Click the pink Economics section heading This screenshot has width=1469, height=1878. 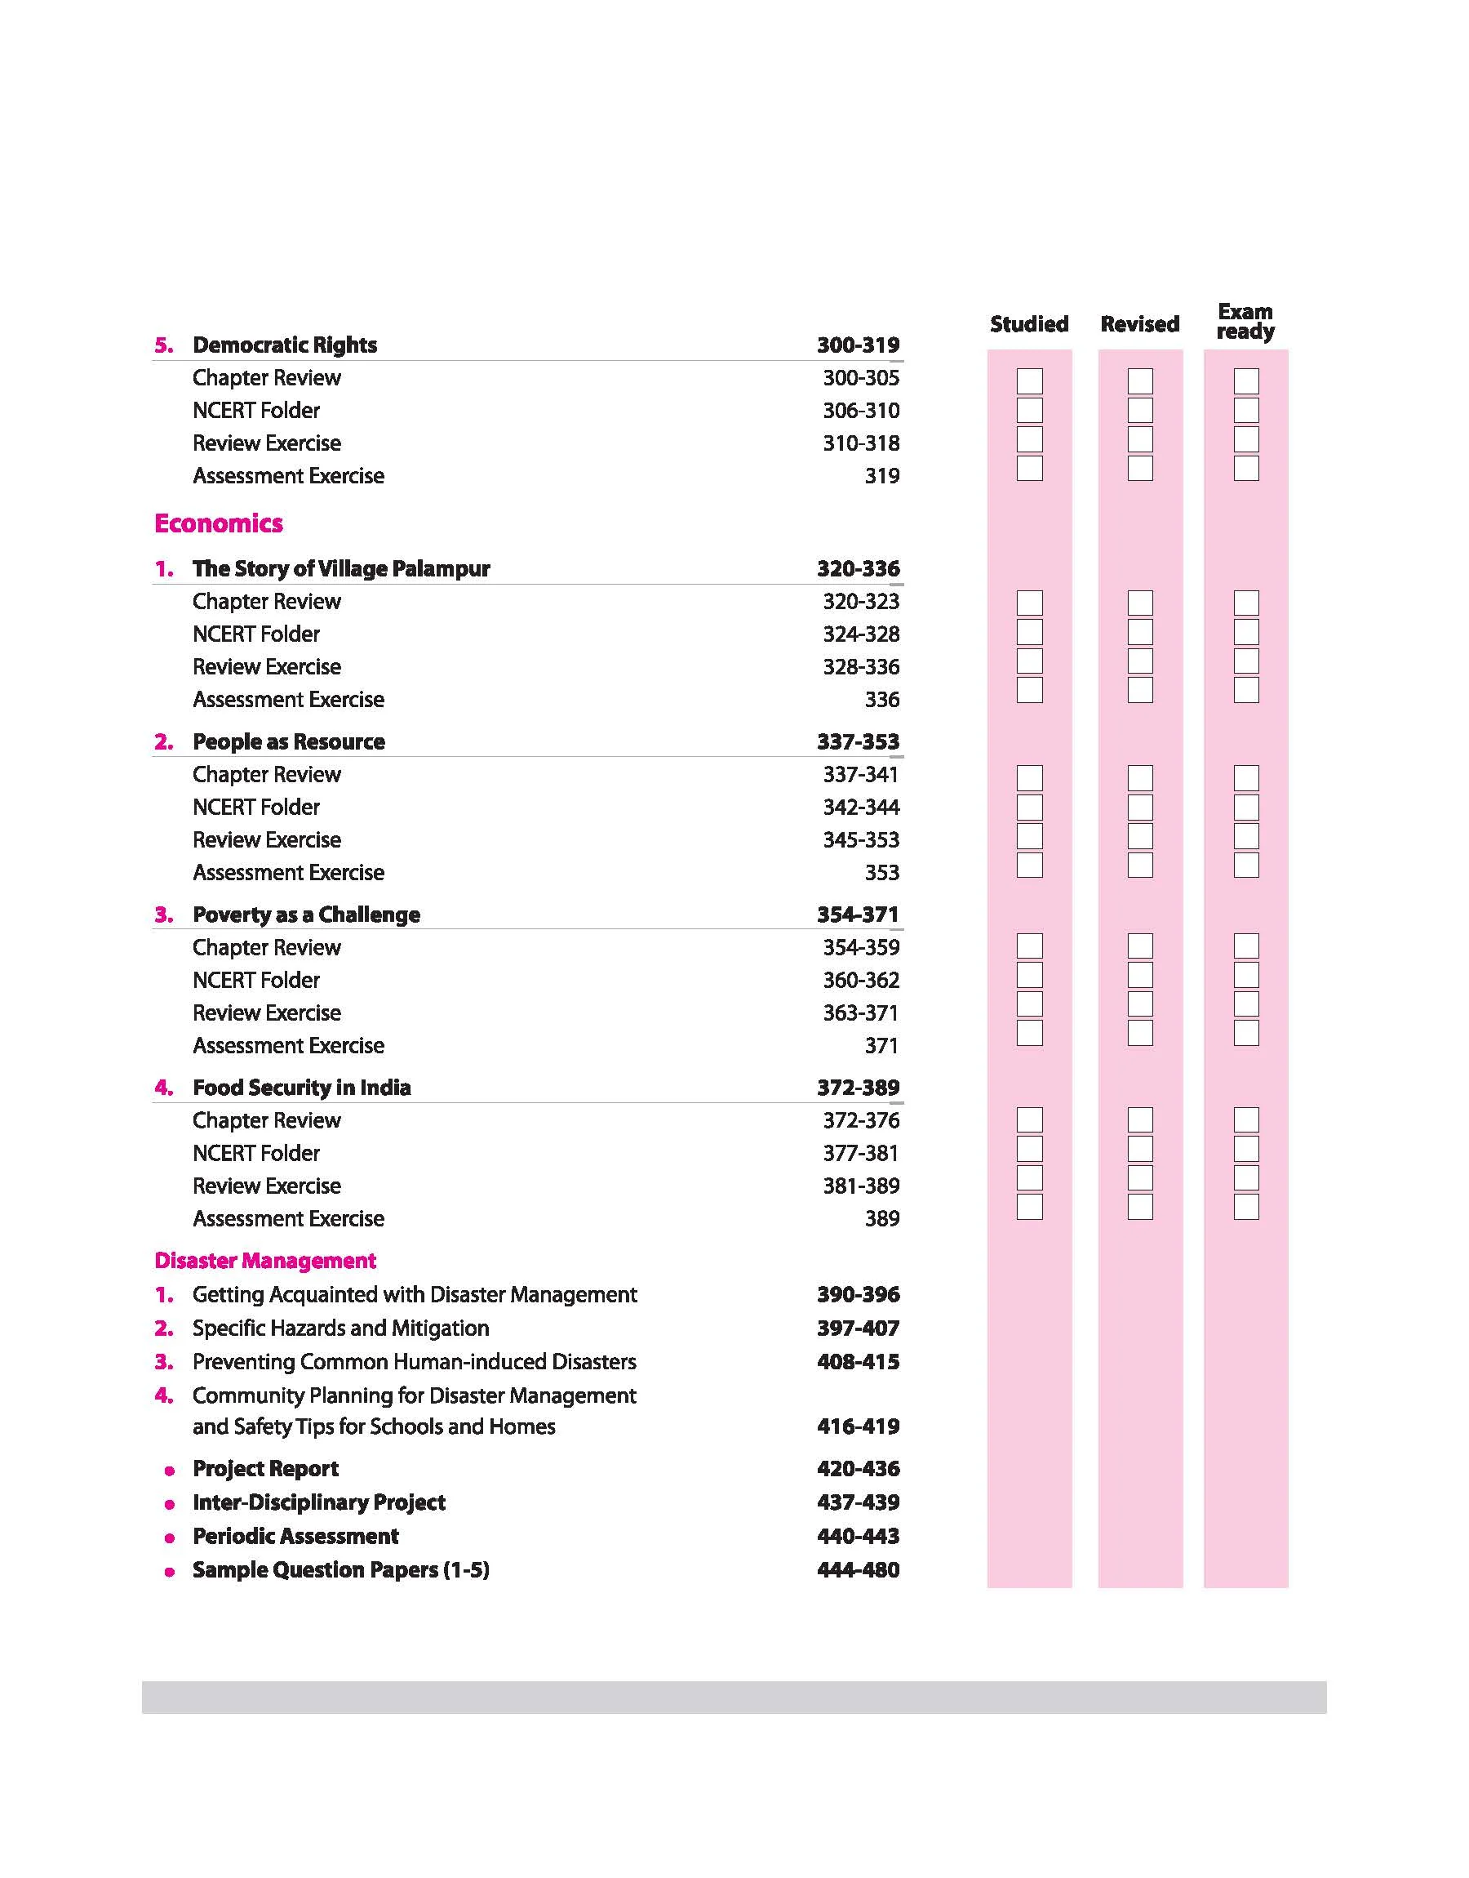pos(219,523)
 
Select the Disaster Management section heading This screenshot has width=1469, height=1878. pos(265,1261)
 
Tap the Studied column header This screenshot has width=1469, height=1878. pos(1028,324)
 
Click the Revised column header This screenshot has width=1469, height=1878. pos(1139,324)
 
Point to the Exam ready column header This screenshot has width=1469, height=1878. pos(1245,321)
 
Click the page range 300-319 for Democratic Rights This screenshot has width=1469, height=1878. pos(858,345)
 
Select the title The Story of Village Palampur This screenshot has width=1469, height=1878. pos(340,568)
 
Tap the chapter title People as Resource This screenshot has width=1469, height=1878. pos(288,741)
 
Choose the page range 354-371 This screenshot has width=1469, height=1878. pos(858,915)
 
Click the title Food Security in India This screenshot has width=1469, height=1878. pos(301,1088)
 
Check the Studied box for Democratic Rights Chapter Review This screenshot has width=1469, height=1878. pos(1029,381)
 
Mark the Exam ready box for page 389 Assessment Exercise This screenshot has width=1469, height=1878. pos(1245,1206)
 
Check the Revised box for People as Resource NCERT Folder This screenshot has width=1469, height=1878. pos(1139,807)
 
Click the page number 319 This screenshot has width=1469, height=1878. pos(881,476)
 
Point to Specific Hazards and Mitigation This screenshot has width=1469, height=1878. pos(340,1328)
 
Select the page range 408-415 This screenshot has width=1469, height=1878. pos(858,1362)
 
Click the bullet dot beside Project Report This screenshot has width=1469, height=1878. pos(170,1471)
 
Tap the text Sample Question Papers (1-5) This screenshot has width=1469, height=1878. pos(340,1570)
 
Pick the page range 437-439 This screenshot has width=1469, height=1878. pos(858,1502)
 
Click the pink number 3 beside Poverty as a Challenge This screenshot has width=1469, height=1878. pos(162,915)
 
